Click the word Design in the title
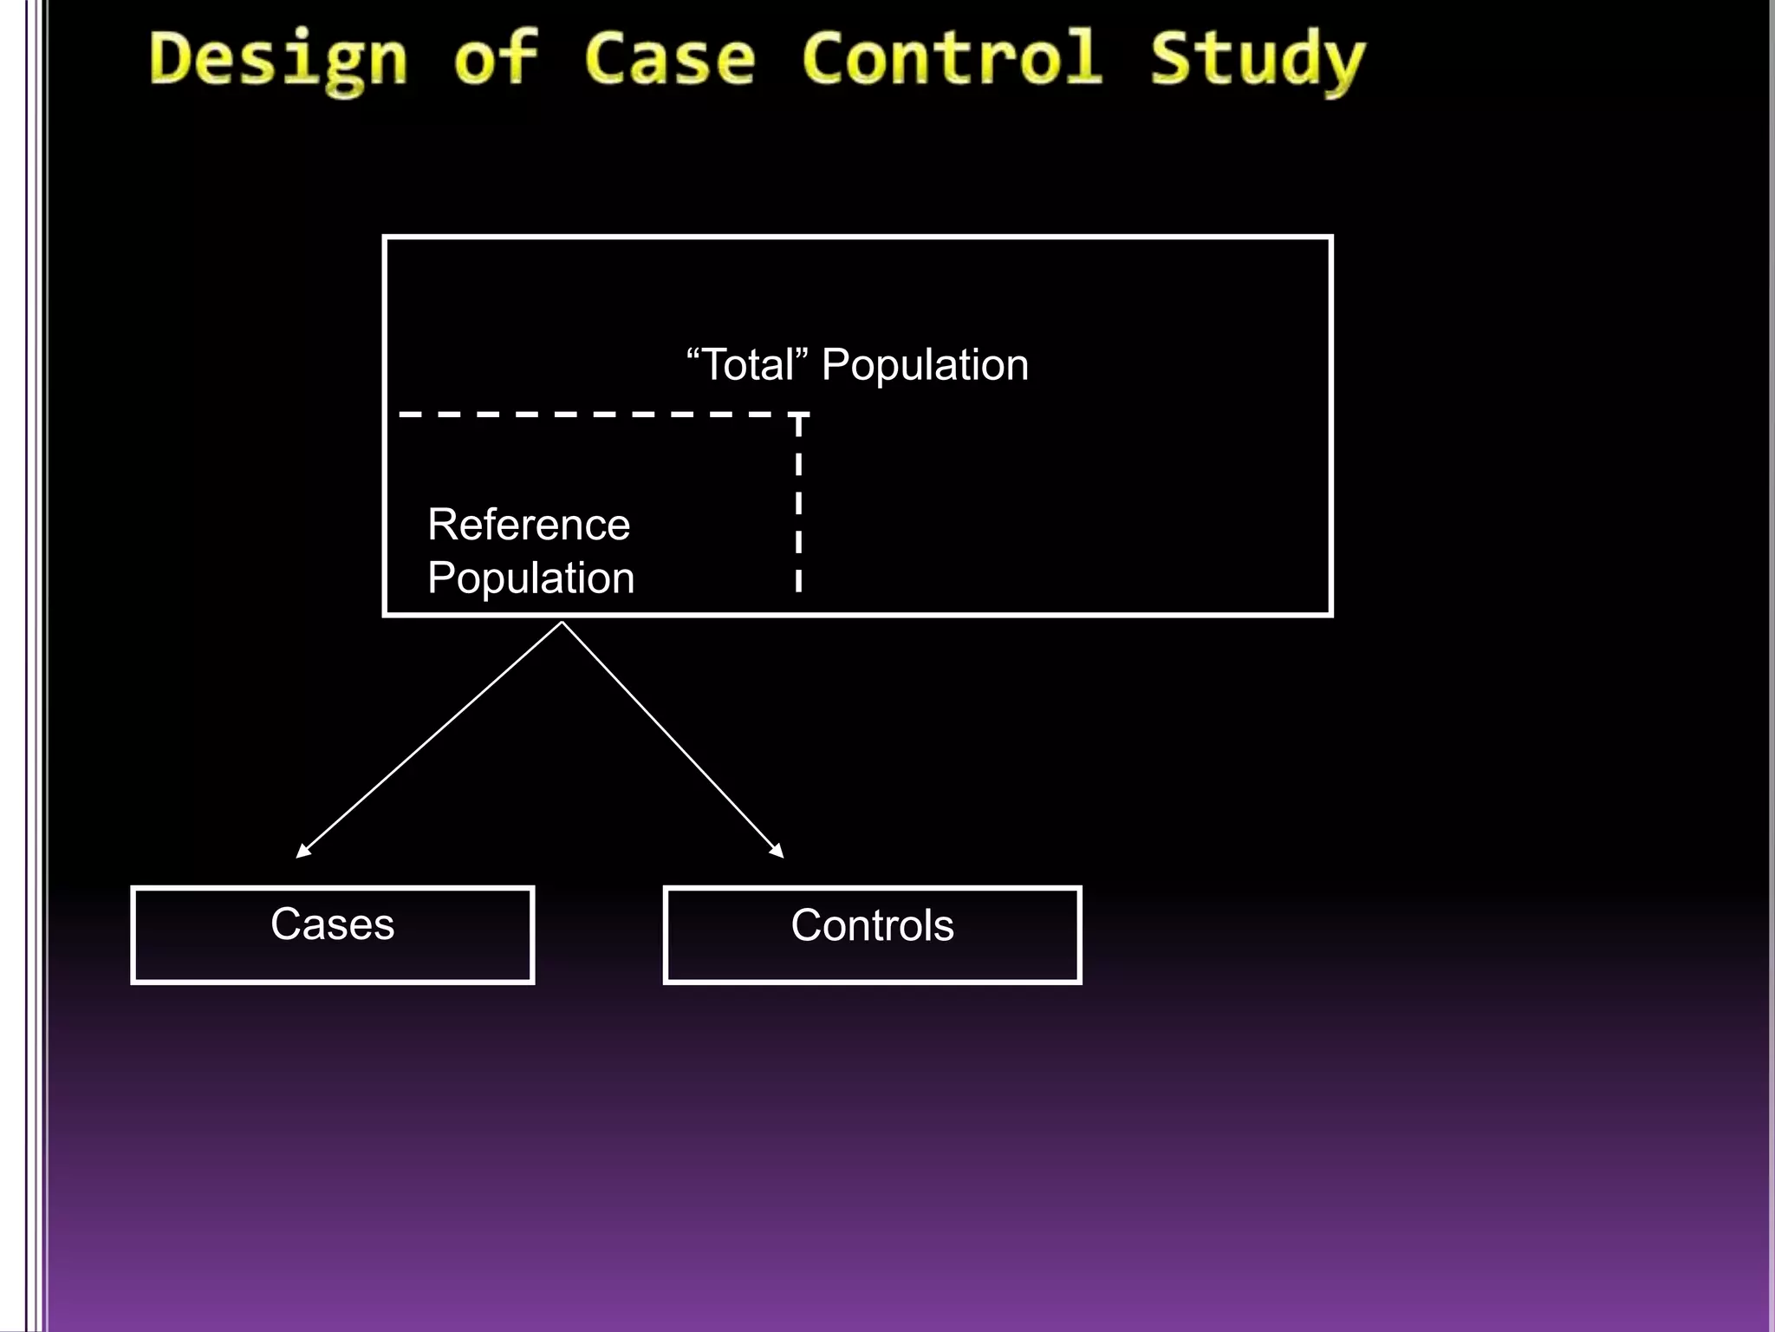[277, 59]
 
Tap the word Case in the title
[669, 59]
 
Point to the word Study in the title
[1257, 59]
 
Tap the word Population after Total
[925, 365]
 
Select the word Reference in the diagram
[529, 525]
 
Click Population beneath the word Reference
[530, 578]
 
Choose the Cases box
[332, 935]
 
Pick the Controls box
[872, 935]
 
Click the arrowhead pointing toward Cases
[302, 852]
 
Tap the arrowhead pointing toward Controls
[778, 852]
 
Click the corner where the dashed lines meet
[798, 415]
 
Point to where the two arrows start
[562, 623]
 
